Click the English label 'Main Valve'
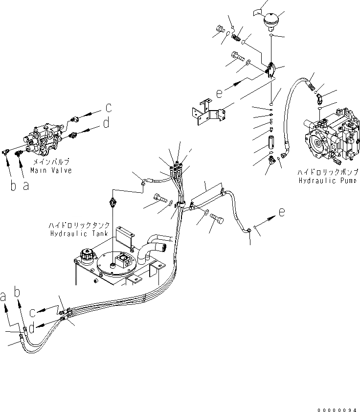click(x=50, y=170)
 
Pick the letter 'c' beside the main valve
click(x=109, y=108)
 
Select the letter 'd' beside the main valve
click(x=107, y=124)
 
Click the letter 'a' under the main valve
click(x=25, y=186)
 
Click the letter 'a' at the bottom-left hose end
click(x=4, y=296)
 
